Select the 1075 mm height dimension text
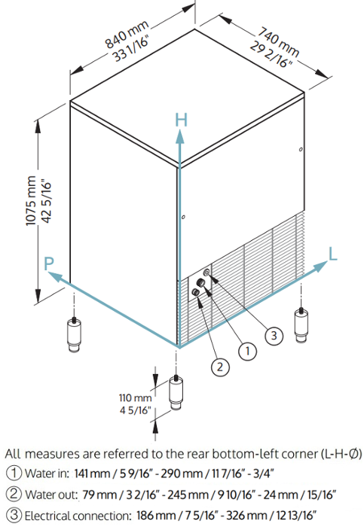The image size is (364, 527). [31, 201]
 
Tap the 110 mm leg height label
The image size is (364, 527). [135, 398]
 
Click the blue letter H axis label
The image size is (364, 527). [182, 120]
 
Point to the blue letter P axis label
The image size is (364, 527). [49, 264]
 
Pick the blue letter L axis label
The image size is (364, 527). [332, 254]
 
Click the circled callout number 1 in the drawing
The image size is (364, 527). [248, 352]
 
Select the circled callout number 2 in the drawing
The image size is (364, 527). [220, 367]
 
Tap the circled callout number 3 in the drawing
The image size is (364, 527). [274, 335]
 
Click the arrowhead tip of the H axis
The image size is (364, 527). [180, 129]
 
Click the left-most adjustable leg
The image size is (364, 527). [74, 335]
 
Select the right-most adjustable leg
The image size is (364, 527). [301, 325]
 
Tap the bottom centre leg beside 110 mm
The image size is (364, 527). [176, 392]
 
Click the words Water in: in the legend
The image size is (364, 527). [47, 474]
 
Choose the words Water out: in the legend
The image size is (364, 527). [51, 495]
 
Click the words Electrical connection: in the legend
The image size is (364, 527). [78, 515]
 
